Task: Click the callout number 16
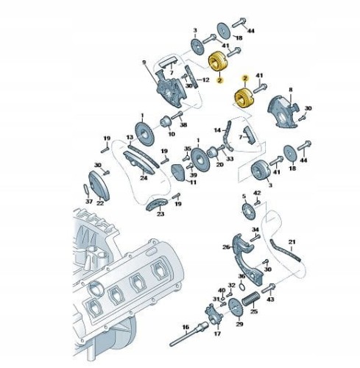pos(186,327)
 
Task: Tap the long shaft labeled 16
pos(188,335)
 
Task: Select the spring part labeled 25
pos(251,298)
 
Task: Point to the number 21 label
pos(292,242)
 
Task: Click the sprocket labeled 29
pos(235,308)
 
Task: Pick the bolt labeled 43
pos(268,289)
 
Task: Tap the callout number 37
pos(89,202)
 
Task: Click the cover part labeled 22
pos(99,185)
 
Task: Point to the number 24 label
pos(144,177)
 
